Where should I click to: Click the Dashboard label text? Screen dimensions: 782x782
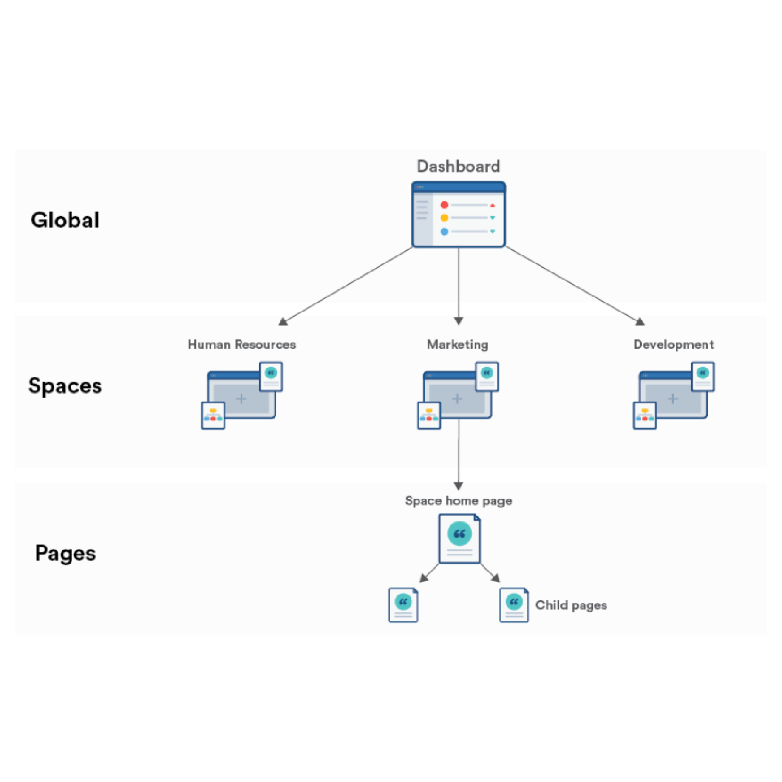pos(458,166)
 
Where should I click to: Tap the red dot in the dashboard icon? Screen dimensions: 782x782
pos(444,205)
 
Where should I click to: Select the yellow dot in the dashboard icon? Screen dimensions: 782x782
pos(444,218)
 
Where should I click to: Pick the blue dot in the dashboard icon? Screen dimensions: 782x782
pos(444,232)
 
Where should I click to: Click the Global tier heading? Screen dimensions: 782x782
pos(65,220)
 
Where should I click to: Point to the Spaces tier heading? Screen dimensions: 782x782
pos(65,386)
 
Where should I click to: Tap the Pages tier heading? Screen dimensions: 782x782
pos(65,553)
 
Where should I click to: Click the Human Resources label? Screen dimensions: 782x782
pos(241,344)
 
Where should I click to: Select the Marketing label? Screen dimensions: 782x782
pos(457,344)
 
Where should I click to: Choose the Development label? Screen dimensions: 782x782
pos(673,344)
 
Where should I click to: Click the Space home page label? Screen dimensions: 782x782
pos(458,501)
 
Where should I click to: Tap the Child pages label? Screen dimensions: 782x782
pos(571,605)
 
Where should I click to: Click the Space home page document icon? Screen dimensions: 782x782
pos(459,538)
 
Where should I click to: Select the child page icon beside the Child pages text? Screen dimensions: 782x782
pos(514,605)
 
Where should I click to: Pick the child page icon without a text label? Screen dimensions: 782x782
pos(403,605)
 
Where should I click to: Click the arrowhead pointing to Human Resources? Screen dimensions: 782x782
pos(283,322)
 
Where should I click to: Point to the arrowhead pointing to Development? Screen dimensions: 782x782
pos(640,322)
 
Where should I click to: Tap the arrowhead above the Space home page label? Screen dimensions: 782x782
pos(458,485)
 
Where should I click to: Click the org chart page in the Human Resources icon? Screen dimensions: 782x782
pos(213,416)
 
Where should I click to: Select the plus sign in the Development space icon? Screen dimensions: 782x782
pos(673,399)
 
